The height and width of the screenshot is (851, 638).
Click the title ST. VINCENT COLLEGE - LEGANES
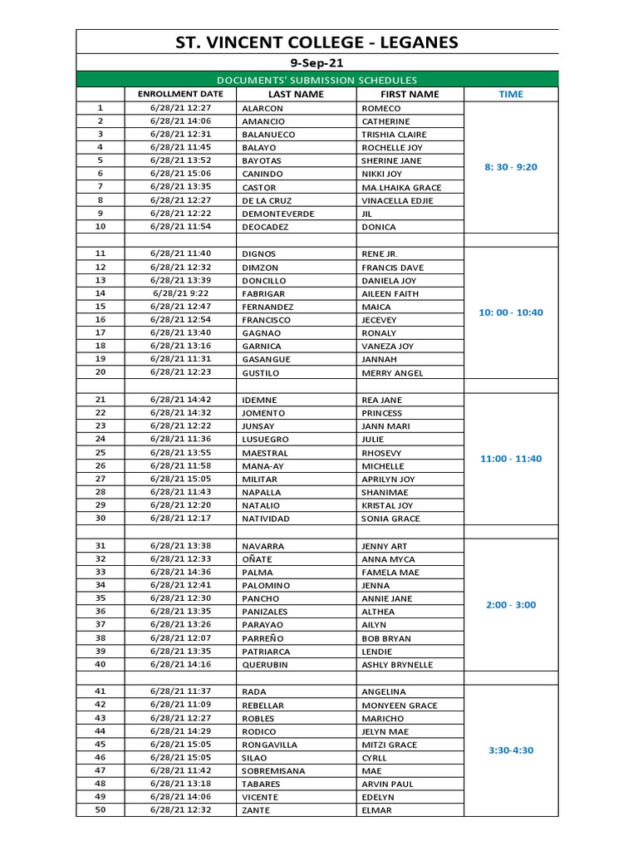coord(317,43)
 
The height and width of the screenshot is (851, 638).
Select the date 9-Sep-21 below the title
coord(317,63)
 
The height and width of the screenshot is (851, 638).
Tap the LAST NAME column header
coord(296,95)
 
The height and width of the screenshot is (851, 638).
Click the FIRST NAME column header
coord(410,95)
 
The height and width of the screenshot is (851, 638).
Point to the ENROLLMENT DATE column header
coord(181,95)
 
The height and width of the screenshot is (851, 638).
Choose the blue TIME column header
coord(511,95)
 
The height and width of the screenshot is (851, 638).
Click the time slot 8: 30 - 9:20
coord(511,167)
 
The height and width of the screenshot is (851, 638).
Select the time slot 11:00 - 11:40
coord(511,459)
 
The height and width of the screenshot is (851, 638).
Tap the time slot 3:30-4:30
coord(511,750)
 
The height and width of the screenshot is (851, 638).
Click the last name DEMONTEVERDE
coord(278,214)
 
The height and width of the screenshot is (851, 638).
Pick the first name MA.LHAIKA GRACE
coord(401,188)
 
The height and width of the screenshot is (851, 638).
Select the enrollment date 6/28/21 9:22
coord(180,293)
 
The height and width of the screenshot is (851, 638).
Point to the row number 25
coord(101,452)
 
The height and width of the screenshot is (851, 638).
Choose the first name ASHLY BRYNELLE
coord(398,665)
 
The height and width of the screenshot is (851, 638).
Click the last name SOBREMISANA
coord(273,771)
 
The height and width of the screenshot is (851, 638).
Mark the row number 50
coord(101,809)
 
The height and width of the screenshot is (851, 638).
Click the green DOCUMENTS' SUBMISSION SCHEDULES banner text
coord(317,80)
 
